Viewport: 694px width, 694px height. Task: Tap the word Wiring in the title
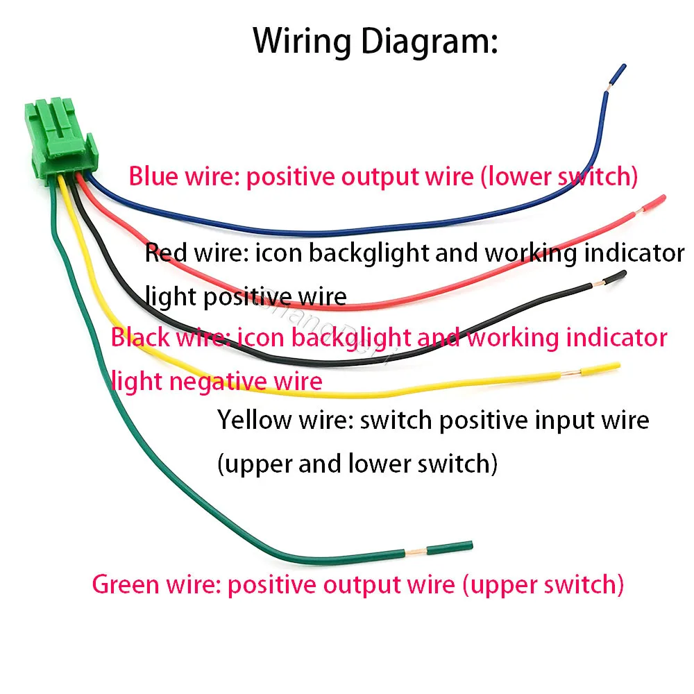point(302,41)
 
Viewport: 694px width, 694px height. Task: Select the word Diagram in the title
point(430,41)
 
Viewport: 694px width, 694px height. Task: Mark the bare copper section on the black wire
point(597,282)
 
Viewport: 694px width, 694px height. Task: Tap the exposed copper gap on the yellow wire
point(570,373)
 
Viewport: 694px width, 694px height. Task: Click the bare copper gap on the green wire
point(416,552)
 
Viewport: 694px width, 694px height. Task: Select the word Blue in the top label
point(153,176)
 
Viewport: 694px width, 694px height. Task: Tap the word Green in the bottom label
point(125,584)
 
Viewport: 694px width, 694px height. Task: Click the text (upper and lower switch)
point(357,464)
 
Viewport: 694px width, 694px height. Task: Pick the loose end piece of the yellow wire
point(600,369)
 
